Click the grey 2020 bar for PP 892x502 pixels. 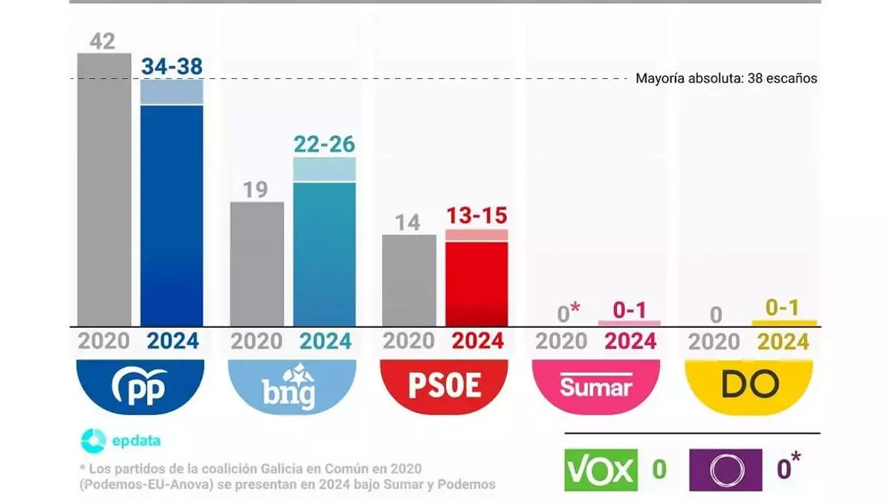[x=104, y=190]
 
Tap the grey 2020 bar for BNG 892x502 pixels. [x=256, y=264]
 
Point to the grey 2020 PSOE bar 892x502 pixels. [x=409, y=280]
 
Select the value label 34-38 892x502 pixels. [x=172, y=67]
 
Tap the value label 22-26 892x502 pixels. [x=324, y=144]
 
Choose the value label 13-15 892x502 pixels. [x=476, y=216]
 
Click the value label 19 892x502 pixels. [x=255, y=190]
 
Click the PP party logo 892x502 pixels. [x=140, y=386]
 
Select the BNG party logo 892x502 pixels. [x=293, y=386]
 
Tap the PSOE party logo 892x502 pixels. [x=445, y=386]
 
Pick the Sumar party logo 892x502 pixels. [x=597, y=386]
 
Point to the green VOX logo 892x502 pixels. [x=601, y=470]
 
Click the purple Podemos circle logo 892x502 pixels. [x=725, y=470]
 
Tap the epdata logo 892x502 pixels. [x=121, y=440]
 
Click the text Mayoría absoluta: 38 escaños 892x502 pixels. [x=726, y=78]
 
